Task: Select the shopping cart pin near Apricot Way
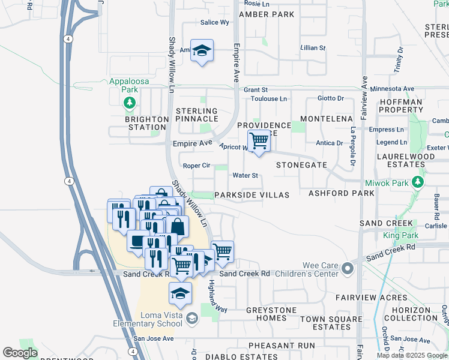point(259,142)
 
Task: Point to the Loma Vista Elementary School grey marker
point(192,317)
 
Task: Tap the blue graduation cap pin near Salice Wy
point(203,52)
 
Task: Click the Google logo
point(20,353)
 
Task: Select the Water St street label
point(245,176)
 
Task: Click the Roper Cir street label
point(196,166)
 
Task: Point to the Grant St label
point(255,90)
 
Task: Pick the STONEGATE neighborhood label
point(301,164)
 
